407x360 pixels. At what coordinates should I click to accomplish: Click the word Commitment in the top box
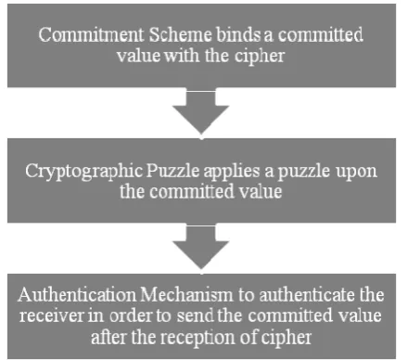click(x=91, y=34)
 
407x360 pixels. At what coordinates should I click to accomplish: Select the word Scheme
click(x=181, y=34)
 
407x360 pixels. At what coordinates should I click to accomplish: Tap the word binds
click(x=238, y=34)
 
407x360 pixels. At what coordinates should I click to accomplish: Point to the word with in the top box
click(x=182, y=56)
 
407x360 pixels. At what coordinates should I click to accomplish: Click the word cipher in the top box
click(x=260, y=57)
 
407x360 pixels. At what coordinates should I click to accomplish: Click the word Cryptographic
click(x=84, y=172)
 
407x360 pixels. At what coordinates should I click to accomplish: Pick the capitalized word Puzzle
click(x=172, y=171)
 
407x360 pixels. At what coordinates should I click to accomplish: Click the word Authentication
click(x=77, y=295)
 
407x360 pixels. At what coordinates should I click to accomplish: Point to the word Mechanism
click(x=186, y=295)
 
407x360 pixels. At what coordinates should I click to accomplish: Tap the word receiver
click(x=52, y=315)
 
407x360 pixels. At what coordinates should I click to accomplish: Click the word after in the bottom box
click(x=109, y=337)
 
